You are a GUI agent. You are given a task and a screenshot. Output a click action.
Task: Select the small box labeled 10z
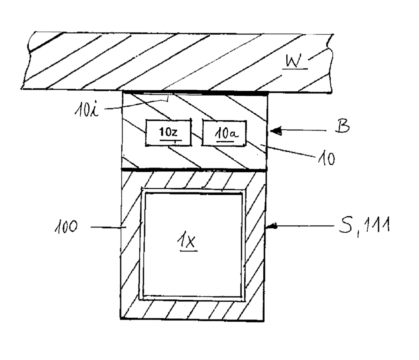coord(169,133)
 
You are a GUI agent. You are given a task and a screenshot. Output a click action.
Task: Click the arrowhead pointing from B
coord(276,132)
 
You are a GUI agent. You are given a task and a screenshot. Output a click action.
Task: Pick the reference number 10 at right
coord(326,159)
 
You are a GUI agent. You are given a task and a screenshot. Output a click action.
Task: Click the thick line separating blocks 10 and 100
coord(194,170)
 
